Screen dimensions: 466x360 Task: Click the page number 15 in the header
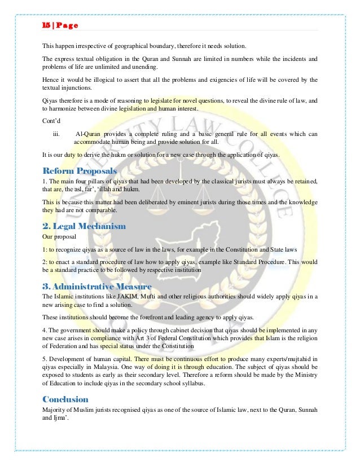tap(46, 25)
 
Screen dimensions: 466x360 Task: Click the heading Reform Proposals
tap(80, 170)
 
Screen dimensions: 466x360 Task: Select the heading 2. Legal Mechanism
tap(84, 226)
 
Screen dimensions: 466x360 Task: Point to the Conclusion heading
tap(65, 398)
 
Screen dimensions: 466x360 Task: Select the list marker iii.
tap(56, 134)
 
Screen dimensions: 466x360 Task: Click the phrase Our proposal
tap(60, 236)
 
